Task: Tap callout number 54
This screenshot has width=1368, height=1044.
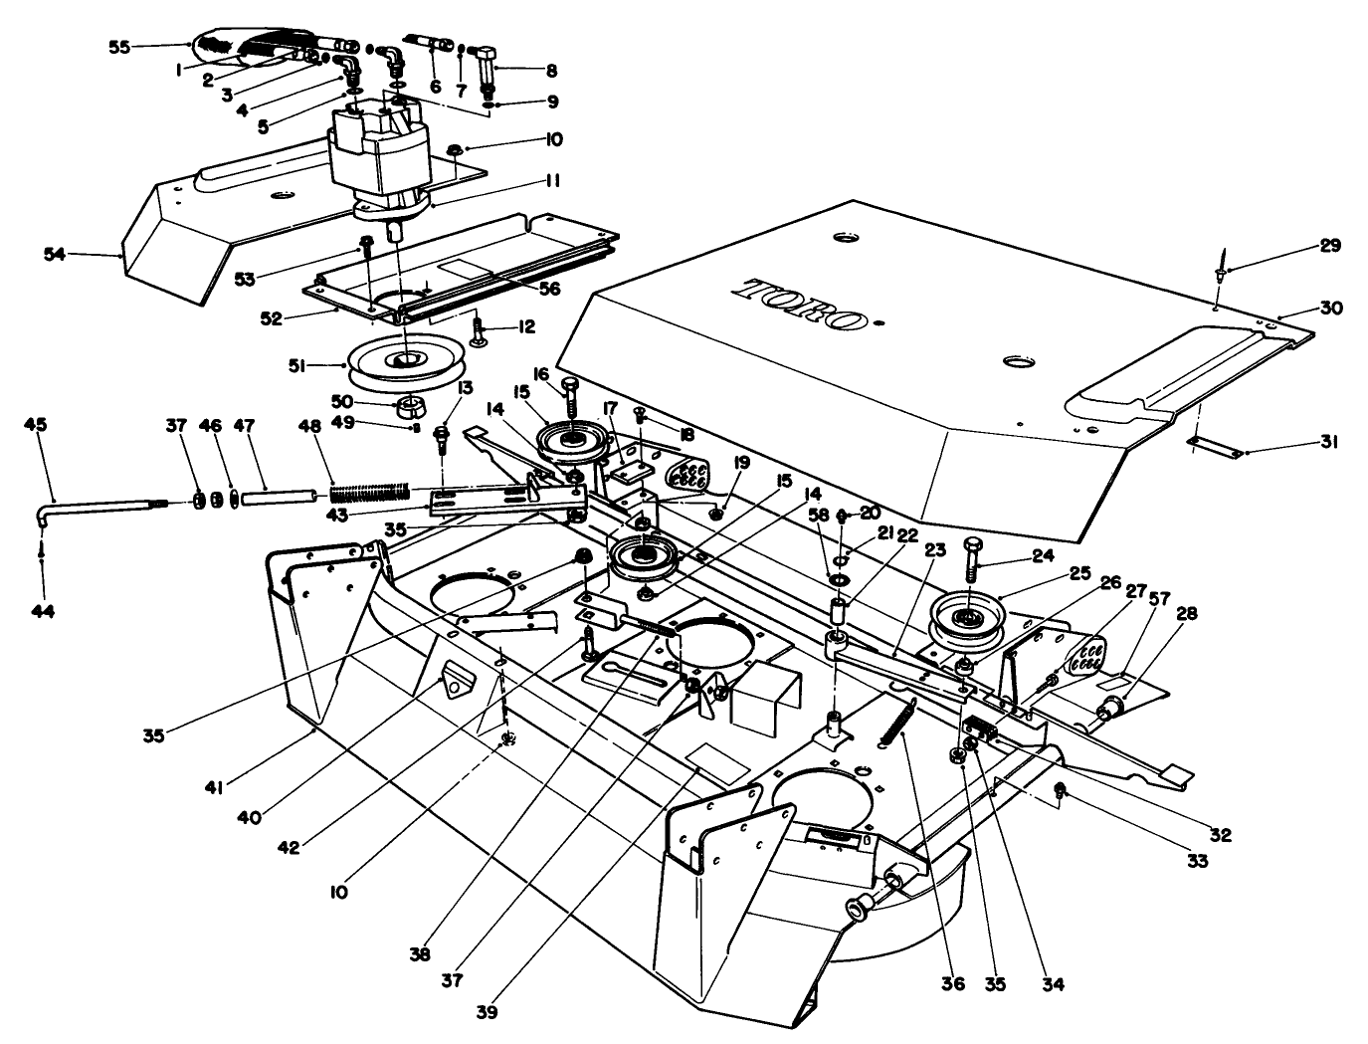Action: point(54,255)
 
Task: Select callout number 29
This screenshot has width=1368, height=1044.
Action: point(1330,244)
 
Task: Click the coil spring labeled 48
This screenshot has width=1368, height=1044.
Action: point(368,492)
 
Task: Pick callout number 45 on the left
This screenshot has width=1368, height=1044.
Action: point(35,424)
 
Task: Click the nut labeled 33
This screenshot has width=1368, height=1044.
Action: point(1061,791)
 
